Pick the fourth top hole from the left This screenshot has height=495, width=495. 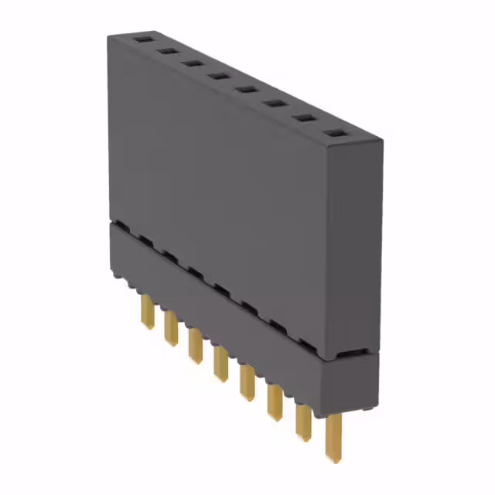tap(217, 77)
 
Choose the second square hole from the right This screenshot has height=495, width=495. tap(302, 119)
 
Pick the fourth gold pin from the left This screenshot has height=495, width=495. tap(220, 363)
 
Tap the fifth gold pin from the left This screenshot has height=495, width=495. tap(246, 382)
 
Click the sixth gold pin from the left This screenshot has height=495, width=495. tap(274, 400)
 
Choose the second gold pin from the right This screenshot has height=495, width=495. tap(302, 421)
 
